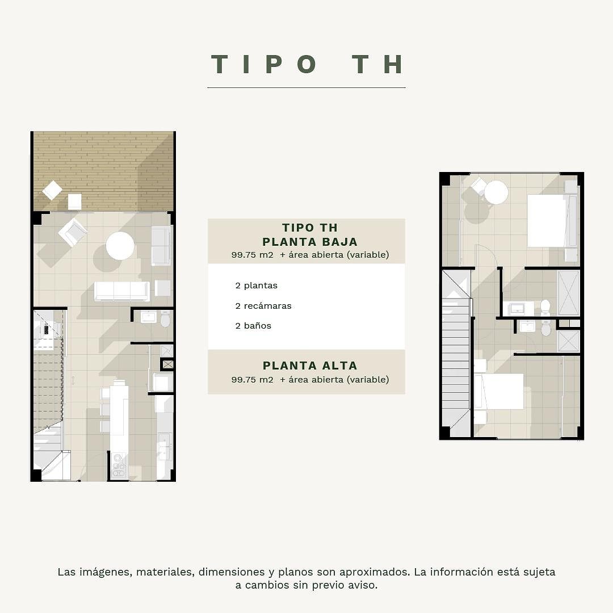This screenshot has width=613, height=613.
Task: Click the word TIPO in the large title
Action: click(x=264, y=64)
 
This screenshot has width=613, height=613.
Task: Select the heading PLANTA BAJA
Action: click(x=310, y=242)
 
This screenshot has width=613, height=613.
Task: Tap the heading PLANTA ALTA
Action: click(x=310, y=366)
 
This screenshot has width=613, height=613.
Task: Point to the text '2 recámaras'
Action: click(x=263, y=306)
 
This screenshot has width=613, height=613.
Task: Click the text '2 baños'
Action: click(x=253, y=326)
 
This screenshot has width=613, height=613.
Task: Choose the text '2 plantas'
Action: click(x=256, y=285)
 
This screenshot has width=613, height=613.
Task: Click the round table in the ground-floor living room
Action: click(x=120, y=246)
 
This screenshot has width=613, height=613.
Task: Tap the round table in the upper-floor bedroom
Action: click(x=496, y=192)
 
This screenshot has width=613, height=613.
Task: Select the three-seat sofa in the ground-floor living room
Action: click(x=121, y=291)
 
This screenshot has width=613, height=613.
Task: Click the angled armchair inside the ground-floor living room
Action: click(x=72, y=233)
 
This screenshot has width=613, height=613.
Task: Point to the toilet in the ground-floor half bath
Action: click(x=165, y=319)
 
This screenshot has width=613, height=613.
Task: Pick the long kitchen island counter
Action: click(x=119, y=417)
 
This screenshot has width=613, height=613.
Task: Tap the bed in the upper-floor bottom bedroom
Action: click(x=499, y=392)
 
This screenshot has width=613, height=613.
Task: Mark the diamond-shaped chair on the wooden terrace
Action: click(x=52, y=191)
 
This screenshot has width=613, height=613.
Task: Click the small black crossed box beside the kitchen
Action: click(x=167, y=364)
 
